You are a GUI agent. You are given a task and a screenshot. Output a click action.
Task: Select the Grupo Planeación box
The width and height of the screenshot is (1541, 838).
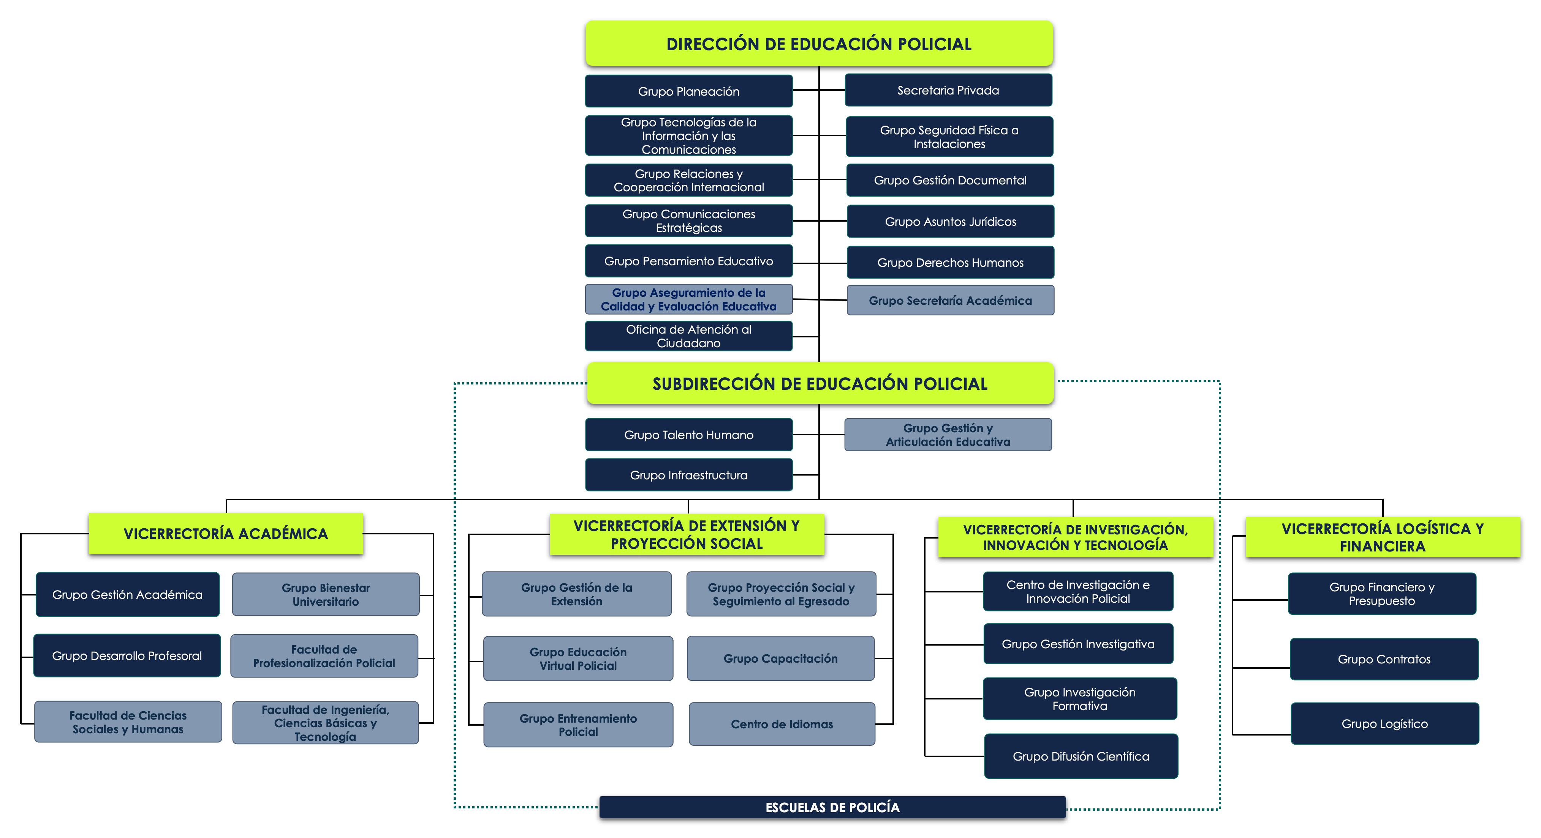tap(688, 91)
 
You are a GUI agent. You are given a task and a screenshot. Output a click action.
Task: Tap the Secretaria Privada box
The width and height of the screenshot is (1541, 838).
tap(948, 90)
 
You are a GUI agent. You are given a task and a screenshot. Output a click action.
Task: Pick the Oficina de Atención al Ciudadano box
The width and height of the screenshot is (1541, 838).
tap(688, 336)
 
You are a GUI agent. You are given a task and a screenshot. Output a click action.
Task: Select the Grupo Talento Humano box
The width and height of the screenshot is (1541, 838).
tap(688, 435)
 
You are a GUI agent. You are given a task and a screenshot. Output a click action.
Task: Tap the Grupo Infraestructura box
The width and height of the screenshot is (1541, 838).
tap(688, 474)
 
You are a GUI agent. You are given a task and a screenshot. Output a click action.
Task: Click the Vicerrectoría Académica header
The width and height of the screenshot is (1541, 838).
tap(226, 533)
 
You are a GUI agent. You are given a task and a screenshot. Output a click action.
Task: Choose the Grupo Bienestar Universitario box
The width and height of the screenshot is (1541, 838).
tap(326, 594)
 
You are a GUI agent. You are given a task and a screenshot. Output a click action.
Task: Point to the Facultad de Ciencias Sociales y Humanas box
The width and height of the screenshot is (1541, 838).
tap(128, 721)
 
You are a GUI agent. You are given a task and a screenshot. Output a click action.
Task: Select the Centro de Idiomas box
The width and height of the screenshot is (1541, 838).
tap(782, 724)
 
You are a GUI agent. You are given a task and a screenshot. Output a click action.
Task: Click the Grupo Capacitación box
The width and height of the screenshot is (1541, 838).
tap(781, 658)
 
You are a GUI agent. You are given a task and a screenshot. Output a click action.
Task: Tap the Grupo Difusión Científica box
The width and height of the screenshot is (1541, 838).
tap(1081, 756)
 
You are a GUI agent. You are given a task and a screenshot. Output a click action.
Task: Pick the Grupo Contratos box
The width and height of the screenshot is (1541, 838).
tap(1384, 659)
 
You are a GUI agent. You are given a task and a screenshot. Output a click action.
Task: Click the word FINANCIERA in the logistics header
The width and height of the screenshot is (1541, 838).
tap(1383, 546)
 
